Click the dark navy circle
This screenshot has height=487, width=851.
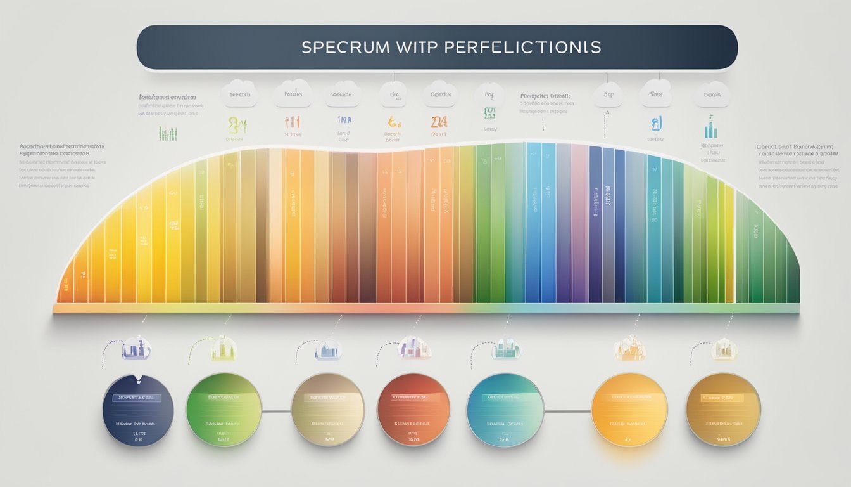tap(138, 410)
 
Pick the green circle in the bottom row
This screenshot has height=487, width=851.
tap(224, 410)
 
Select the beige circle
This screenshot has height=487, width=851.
tap(328, 410)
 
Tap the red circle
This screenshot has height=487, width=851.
tap(413, 410)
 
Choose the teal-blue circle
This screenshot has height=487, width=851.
tap(505, 410)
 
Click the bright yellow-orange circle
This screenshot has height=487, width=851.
tap(629, 410)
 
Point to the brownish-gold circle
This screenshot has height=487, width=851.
tap(723, 410)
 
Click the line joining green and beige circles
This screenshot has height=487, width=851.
tap(276, 411)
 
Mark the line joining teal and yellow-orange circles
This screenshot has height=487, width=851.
tap(567, 411)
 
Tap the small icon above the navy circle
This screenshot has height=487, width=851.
tap(137, 347)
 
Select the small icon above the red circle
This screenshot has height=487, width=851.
tap(414, 347)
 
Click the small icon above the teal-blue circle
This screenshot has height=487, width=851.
tap(506, 347)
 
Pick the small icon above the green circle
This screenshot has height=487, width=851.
tap(224, 347)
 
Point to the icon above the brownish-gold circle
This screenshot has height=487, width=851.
tap(724, 349)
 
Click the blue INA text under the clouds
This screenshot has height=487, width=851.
tap(343, 119)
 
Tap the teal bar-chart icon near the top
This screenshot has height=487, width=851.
tap(710, 129)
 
